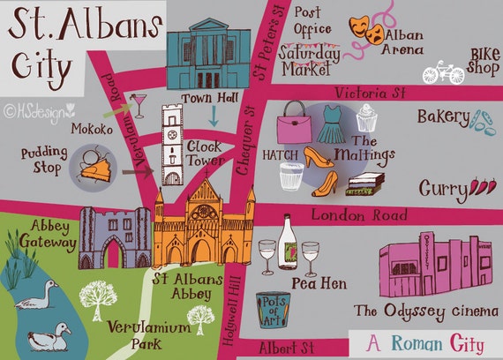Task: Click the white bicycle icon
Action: (x=443, y=71)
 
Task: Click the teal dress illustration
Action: (x=332, y=124)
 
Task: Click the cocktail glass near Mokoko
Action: (x=138, y=104)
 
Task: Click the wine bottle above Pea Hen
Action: (x=288, y=243)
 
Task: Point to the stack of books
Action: (x=365, y=187)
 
